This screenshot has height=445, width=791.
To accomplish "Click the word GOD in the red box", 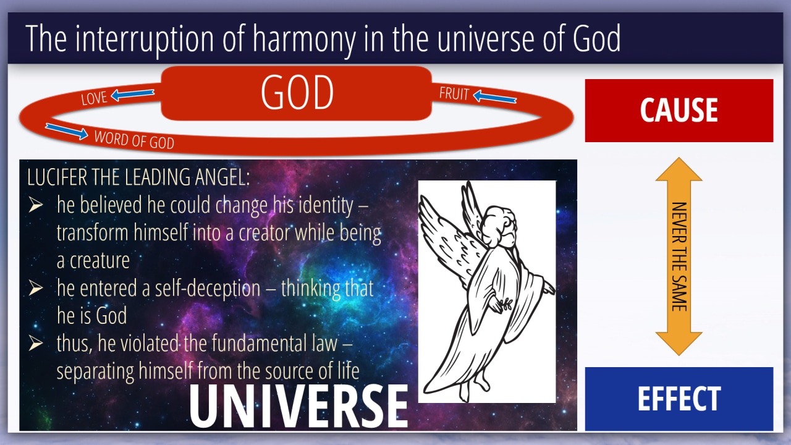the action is coord(297,93).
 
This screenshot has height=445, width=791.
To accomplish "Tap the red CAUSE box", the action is coord(679,111).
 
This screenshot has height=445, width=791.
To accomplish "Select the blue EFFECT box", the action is coord(679,399).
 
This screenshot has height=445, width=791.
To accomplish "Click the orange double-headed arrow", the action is coord(679,256).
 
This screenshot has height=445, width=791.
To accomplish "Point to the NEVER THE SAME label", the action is coord(679,256).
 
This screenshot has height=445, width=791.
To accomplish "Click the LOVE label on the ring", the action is coord(94,98).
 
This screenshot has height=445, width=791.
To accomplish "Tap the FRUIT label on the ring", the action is coord(454,93).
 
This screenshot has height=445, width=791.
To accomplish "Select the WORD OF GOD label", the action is coord(134,140).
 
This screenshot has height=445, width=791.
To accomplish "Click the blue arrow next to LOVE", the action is coord(132,95).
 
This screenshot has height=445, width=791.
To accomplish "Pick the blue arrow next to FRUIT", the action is coord(495,97).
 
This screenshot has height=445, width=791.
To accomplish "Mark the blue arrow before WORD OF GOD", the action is coord(67,131).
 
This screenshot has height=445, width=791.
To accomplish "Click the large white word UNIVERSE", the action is coord(298,406).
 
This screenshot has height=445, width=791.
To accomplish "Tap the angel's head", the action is coord(498,227).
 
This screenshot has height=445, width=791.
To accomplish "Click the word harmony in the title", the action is coord(304,39).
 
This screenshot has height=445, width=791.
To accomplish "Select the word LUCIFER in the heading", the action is coord(57,177).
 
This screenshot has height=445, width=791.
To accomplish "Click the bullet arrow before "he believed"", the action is coord(36,205).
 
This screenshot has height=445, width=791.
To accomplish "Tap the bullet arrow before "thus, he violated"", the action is coord(36,343).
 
